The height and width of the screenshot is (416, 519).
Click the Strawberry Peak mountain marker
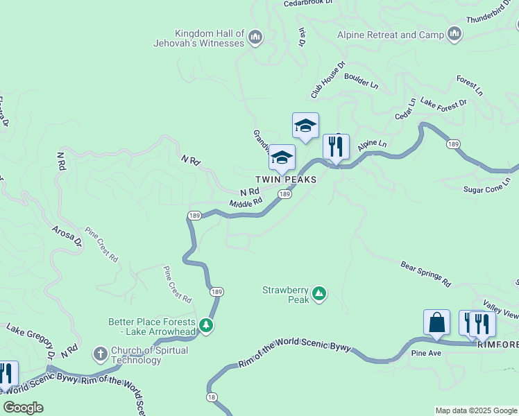[319, 294]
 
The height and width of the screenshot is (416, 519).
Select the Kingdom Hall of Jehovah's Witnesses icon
[255, 36]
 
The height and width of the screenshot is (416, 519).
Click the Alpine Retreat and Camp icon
[455, 33]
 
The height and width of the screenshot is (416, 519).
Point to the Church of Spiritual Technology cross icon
[100, 354]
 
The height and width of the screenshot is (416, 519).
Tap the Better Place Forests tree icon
[205, 324]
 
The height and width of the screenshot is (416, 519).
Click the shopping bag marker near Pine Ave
[436, 323]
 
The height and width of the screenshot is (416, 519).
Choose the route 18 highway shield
[211, 397]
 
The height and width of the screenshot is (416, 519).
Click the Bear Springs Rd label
[426, 274]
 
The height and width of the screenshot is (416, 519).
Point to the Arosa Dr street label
[67, 236]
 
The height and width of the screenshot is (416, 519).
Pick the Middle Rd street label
[246, 202]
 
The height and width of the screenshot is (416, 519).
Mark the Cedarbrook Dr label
[309, 3]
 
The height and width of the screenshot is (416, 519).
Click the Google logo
[24, 408]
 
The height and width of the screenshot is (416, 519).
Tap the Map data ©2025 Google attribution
[476, 410]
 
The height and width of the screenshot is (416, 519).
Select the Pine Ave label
[426, 353]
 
